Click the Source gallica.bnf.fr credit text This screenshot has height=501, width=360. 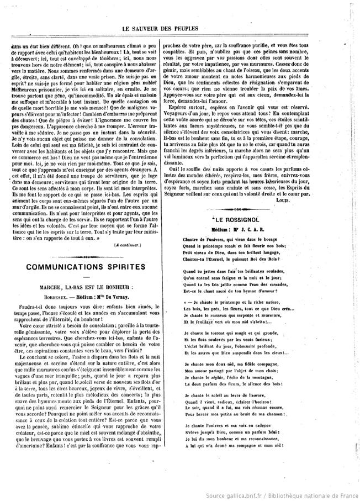282,495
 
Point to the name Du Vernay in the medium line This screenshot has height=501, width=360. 119,296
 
